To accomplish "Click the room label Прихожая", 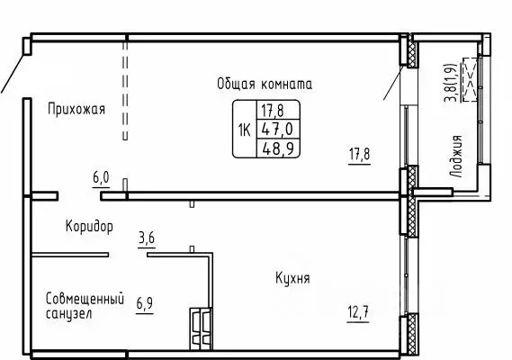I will click(x=76, y=110).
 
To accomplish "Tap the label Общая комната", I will click(x=264, y=84).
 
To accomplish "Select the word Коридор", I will click(x=89, y=227).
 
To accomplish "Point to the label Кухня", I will click(x=292, y=279).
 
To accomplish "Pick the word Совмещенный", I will click(x=84, y=298).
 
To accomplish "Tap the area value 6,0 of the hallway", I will click(x=101, y=178).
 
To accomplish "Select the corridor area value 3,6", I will click(x=147, y=238).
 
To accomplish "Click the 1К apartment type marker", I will click(x=243, y=129).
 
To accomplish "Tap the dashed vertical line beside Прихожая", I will click(x=125, y=90).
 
